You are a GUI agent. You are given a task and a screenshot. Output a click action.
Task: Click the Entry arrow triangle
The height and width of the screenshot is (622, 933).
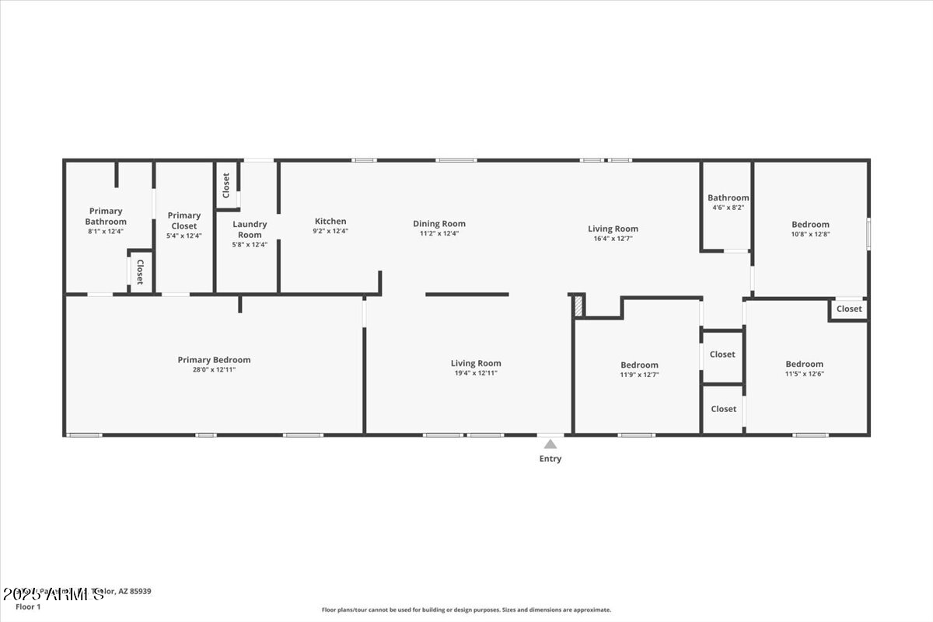click(550, 445)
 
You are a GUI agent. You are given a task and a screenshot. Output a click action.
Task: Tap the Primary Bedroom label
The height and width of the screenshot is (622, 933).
click(214, 360)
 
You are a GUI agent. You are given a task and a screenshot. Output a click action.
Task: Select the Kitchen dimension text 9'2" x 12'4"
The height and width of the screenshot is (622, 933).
click(330, 231)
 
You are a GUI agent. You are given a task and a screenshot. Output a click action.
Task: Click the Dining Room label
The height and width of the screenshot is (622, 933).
click(439, 224)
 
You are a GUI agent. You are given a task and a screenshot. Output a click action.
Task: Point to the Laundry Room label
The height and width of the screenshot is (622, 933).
click(250, 229)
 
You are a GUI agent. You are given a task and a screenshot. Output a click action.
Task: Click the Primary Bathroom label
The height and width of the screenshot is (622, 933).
click(106, 216)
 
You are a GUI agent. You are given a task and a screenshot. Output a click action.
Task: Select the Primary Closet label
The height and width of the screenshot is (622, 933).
click(184, 221)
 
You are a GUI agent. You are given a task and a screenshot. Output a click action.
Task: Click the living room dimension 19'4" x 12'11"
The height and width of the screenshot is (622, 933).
click(476, 373)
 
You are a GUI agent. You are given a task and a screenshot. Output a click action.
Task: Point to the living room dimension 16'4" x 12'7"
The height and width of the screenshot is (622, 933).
click(613, 239)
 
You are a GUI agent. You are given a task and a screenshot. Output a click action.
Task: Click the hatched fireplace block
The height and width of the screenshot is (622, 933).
click(578, 306)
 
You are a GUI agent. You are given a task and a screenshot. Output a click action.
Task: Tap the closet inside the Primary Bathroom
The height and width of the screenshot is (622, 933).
click(140, 271)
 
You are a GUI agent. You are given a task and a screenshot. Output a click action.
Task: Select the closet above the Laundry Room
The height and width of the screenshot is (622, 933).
click(226, 185)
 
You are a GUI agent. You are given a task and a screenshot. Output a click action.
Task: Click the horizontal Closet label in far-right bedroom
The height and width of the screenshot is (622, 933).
click(849, 309)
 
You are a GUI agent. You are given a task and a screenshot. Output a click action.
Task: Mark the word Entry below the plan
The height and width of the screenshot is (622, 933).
click(550, 459)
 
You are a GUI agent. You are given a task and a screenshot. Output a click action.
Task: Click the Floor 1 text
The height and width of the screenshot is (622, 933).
click(28, 606)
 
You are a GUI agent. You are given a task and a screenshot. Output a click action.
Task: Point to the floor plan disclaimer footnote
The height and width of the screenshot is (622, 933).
click(466, 610)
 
